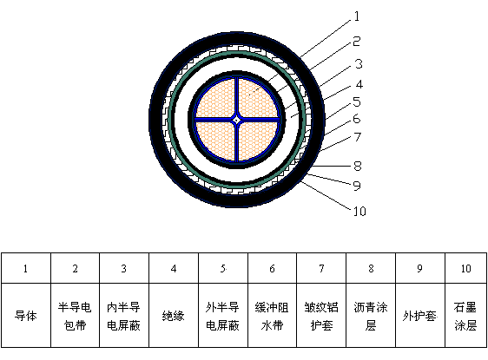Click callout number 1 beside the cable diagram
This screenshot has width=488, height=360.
[357, 16]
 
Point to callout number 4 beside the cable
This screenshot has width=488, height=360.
[359, 84]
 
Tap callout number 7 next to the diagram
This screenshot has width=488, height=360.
[358, 137]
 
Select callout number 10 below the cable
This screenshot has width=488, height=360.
[359, 212]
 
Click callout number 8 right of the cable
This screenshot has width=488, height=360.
[358, 166]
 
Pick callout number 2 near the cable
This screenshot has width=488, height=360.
[357, 42]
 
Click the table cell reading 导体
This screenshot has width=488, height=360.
[26, 315]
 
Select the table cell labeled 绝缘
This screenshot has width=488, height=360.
[174, 315]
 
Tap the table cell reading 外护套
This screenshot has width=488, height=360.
[420, 315]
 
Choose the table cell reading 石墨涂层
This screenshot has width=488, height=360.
[465, 315]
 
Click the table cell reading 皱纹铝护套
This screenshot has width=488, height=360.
[321, 315]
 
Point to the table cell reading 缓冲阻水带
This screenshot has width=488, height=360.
[272, 315]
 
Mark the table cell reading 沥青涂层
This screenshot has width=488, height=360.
[371, 315]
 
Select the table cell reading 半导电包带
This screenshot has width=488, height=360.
[75, 315]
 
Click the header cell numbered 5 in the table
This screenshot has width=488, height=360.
[223, 268]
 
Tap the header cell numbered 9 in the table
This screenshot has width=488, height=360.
[420, 268]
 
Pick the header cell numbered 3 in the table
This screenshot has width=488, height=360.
[124, 268]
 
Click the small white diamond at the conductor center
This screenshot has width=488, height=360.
[237, 120]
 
